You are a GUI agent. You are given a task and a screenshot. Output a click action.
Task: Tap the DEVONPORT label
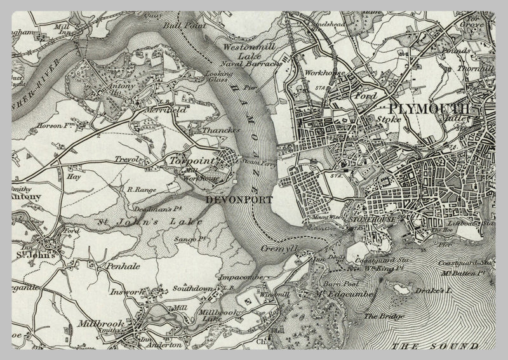pos(239,199)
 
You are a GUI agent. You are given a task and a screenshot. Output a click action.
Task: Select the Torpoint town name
pos(187,162)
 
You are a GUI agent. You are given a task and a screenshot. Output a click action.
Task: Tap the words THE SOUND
pos(435,346)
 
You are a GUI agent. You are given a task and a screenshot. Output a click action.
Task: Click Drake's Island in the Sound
pos(401,290)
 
